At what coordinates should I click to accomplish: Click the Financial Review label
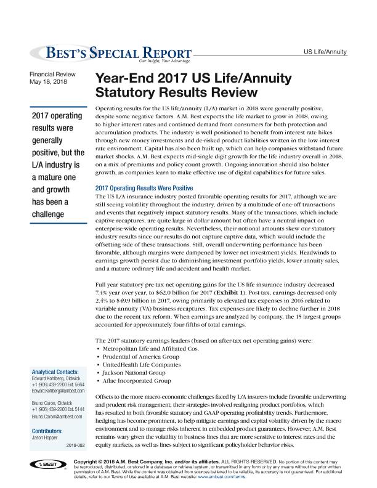pos(54,75)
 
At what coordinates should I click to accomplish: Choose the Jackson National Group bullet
pos(135,373)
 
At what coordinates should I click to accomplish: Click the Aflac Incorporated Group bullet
pos(139,381)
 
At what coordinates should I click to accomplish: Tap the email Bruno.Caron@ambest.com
pos(54,417)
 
